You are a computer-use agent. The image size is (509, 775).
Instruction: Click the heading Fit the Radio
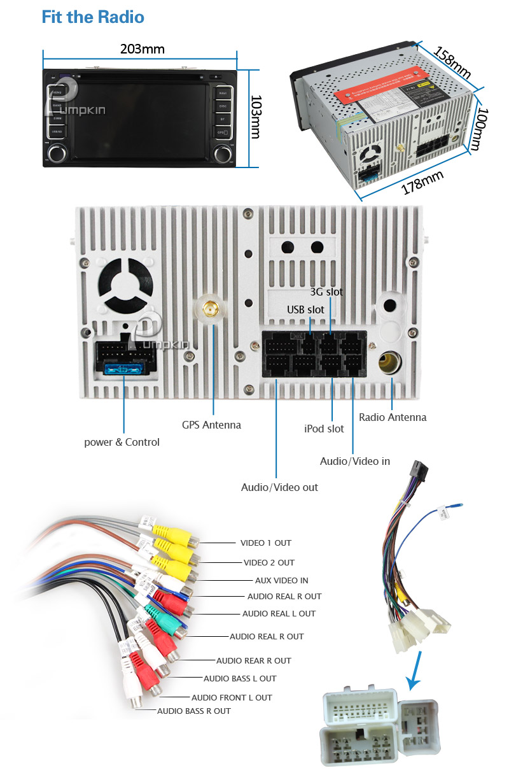coord(93,17)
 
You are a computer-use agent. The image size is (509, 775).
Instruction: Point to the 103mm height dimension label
coord(255,117)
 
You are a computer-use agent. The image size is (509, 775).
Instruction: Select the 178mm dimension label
coord(422,183)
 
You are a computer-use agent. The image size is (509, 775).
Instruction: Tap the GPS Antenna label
coord(211,425)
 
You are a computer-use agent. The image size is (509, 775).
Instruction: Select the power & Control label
coord(122,442)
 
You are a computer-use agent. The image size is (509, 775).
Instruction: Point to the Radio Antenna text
coord(393,417)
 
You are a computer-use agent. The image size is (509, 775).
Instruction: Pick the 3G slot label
coord(326,292)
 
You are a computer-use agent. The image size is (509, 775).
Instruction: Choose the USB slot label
coord(305,309)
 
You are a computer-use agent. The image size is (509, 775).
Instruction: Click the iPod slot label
coord(324,429)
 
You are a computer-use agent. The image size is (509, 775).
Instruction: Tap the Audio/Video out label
coord(279,487)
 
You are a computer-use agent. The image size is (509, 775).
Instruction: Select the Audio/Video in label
coord(354,461)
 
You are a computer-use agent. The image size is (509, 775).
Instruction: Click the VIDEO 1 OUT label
coord(265,543)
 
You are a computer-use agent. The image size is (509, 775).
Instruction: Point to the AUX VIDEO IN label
coord(281,581)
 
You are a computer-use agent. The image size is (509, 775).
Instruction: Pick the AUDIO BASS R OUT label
coord(194,711)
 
